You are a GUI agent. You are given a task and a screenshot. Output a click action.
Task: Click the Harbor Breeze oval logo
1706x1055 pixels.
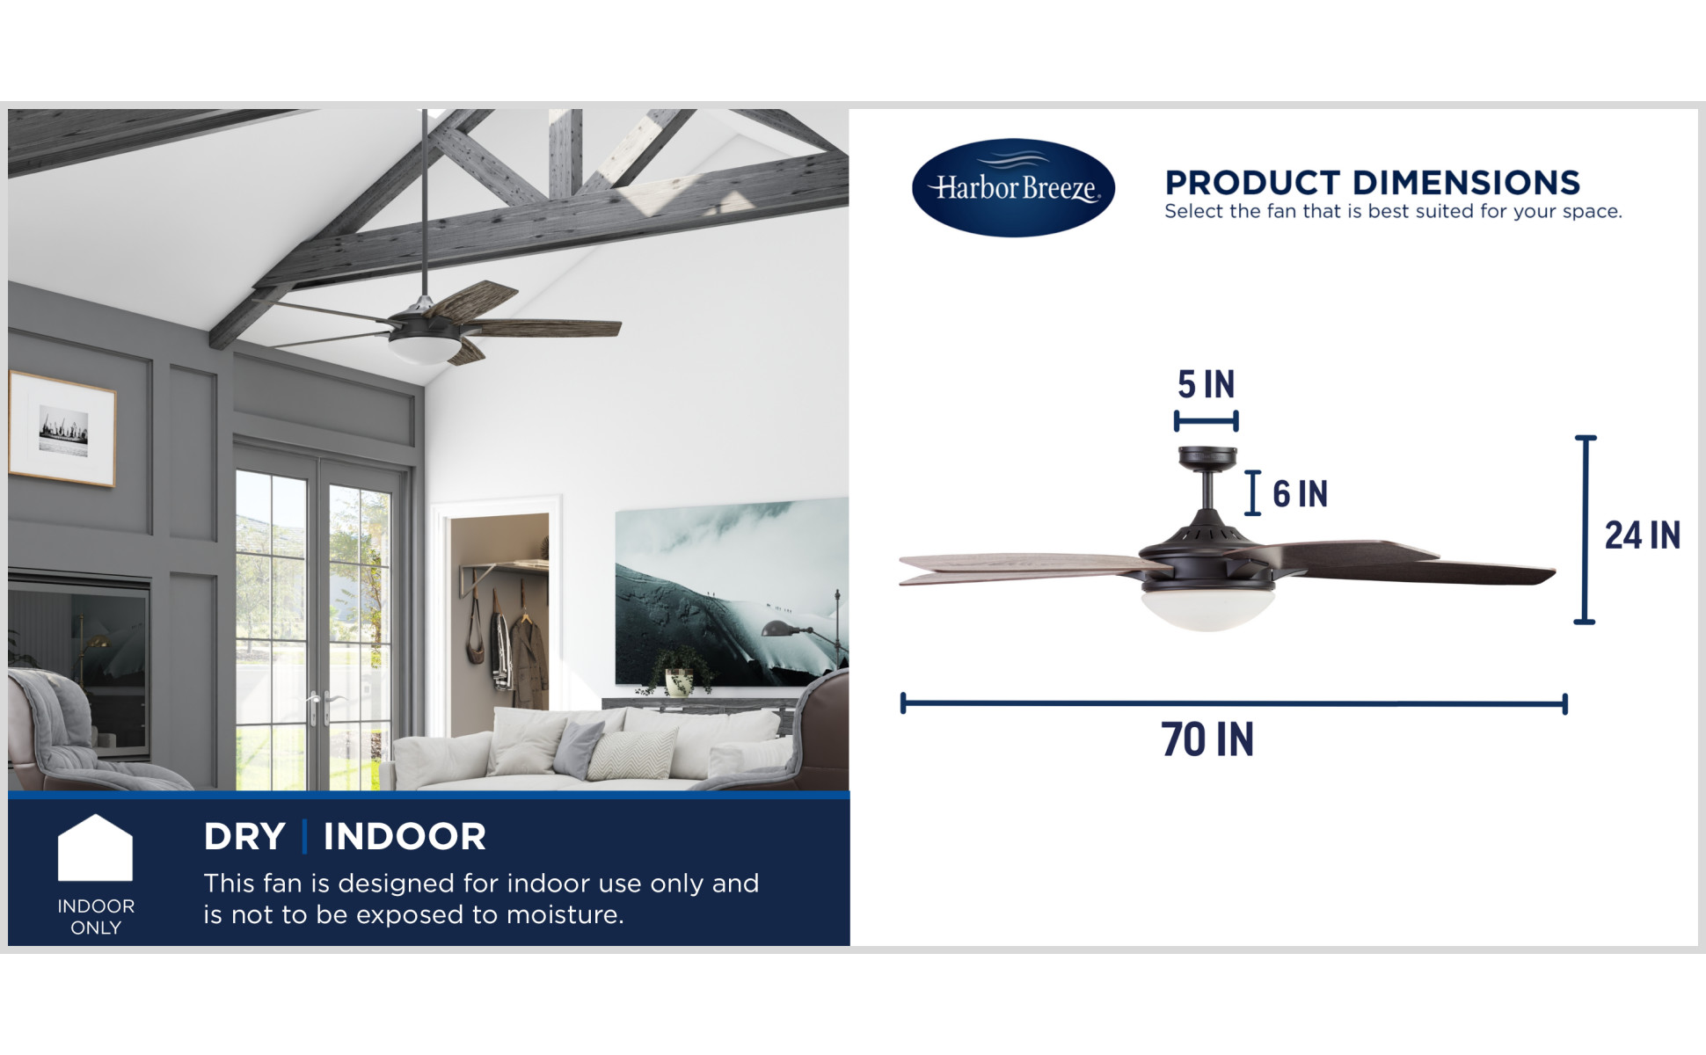pos(1013,187)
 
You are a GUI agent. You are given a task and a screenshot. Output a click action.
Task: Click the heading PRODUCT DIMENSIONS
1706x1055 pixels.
pos(1372,183)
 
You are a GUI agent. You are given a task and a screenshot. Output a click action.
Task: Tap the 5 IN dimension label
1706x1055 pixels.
pos(1206,384)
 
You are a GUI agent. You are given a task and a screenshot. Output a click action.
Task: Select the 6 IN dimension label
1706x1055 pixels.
pos(1300,494)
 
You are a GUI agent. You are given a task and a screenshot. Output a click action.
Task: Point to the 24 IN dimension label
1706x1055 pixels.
pos(1642,535)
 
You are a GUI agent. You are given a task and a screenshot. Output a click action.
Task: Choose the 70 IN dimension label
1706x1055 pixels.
pos(1207,739)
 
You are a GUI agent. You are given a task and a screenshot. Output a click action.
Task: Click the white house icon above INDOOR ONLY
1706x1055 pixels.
pos(95,848)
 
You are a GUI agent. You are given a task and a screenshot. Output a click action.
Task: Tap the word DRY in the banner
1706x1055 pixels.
pos(244,837)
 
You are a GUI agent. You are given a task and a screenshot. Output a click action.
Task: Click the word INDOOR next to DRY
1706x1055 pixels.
pos(405,837)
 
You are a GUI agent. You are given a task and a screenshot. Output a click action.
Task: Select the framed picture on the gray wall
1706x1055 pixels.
pos(62,429)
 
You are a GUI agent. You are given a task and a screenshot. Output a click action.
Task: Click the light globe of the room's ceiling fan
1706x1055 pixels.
pos(425,350)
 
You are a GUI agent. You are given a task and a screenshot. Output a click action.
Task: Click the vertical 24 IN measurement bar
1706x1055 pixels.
pos(1585,529)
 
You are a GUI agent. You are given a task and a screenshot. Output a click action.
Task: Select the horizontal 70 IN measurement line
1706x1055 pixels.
pos(1234,703)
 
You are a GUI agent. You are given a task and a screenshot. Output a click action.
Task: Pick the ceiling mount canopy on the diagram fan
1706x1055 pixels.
pos(1207,458)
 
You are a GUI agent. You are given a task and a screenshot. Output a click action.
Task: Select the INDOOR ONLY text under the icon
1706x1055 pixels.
pos(96,917)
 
